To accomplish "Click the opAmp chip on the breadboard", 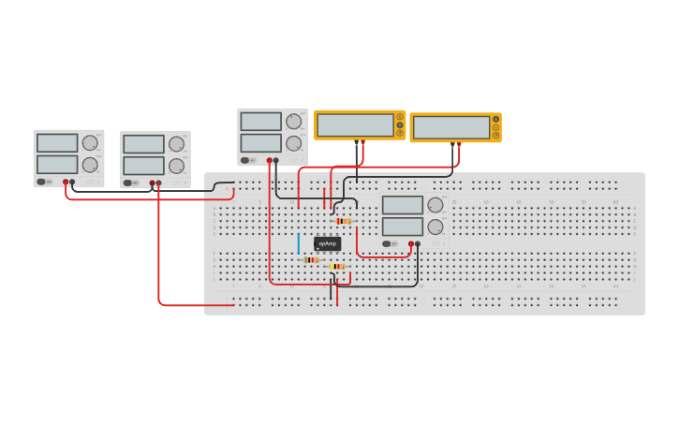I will [x=327, y=243].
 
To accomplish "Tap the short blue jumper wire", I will [x=299, y=243].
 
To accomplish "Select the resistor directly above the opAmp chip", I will [x=343, y=221].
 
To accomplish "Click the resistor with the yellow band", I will [x=337, y=266].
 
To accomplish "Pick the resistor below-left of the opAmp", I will [x=312, y=259].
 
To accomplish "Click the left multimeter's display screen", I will [x=355, y=124].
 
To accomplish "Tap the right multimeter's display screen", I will [x=450, y=127].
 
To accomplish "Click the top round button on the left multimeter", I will [x=400, y=117].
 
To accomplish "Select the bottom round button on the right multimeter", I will [x=495, y=136].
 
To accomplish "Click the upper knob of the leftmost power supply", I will [x=90, y=143].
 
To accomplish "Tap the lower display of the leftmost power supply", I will [x=57, y=165].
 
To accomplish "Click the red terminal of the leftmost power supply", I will [x=66, y=182].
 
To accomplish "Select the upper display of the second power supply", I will [x=143, y=144].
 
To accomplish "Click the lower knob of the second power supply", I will [x=176, y=167].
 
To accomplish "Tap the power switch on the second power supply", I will [x=128, y=183].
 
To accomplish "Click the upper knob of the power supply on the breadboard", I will [x=435, y=205].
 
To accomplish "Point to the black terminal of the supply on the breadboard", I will [x=418, y=243].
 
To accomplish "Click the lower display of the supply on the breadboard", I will [x=403, y=227].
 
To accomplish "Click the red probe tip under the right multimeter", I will [x=459, y=144].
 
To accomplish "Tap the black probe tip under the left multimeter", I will [x=357, y=142].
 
